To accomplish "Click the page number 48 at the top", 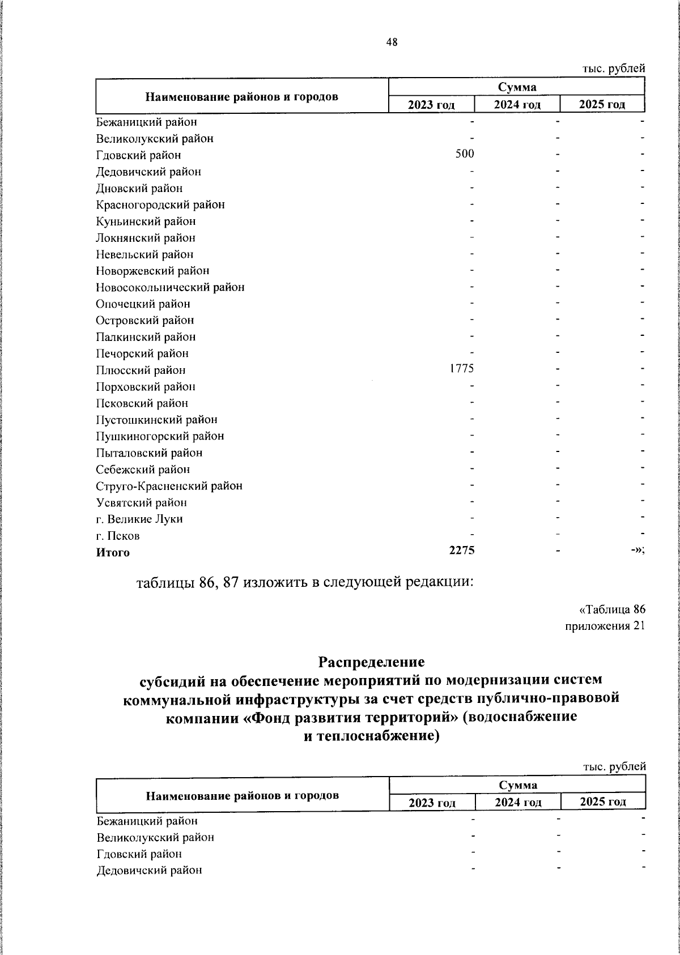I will (x=392, y=42).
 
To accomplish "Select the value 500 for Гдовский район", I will (x=465, y=154).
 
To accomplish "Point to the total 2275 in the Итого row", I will (x=462, y=551).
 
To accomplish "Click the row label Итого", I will (x=113, y=553).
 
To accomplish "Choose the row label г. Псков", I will (x=118, y=536).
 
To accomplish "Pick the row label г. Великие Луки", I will (x=139, y=519).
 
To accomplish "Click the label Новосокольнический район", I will (x=170, y=287).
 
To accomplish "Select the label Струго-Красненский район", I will (x=169, y=486).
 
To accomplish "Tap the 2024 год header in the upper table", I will (x=517, y=105).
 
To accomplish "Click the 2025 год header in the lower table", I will (x=603, y=801).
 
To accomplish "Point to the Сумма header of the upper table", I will (x=517, y=87).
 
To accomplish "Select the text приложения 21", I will (x=605, y=626).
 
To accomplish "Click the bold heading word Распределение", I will (x=371, y=662).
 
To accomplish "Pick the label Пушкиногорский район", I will (x=160, y=436).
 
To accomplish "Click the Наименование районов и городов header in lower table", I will (x=243, y=795).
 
